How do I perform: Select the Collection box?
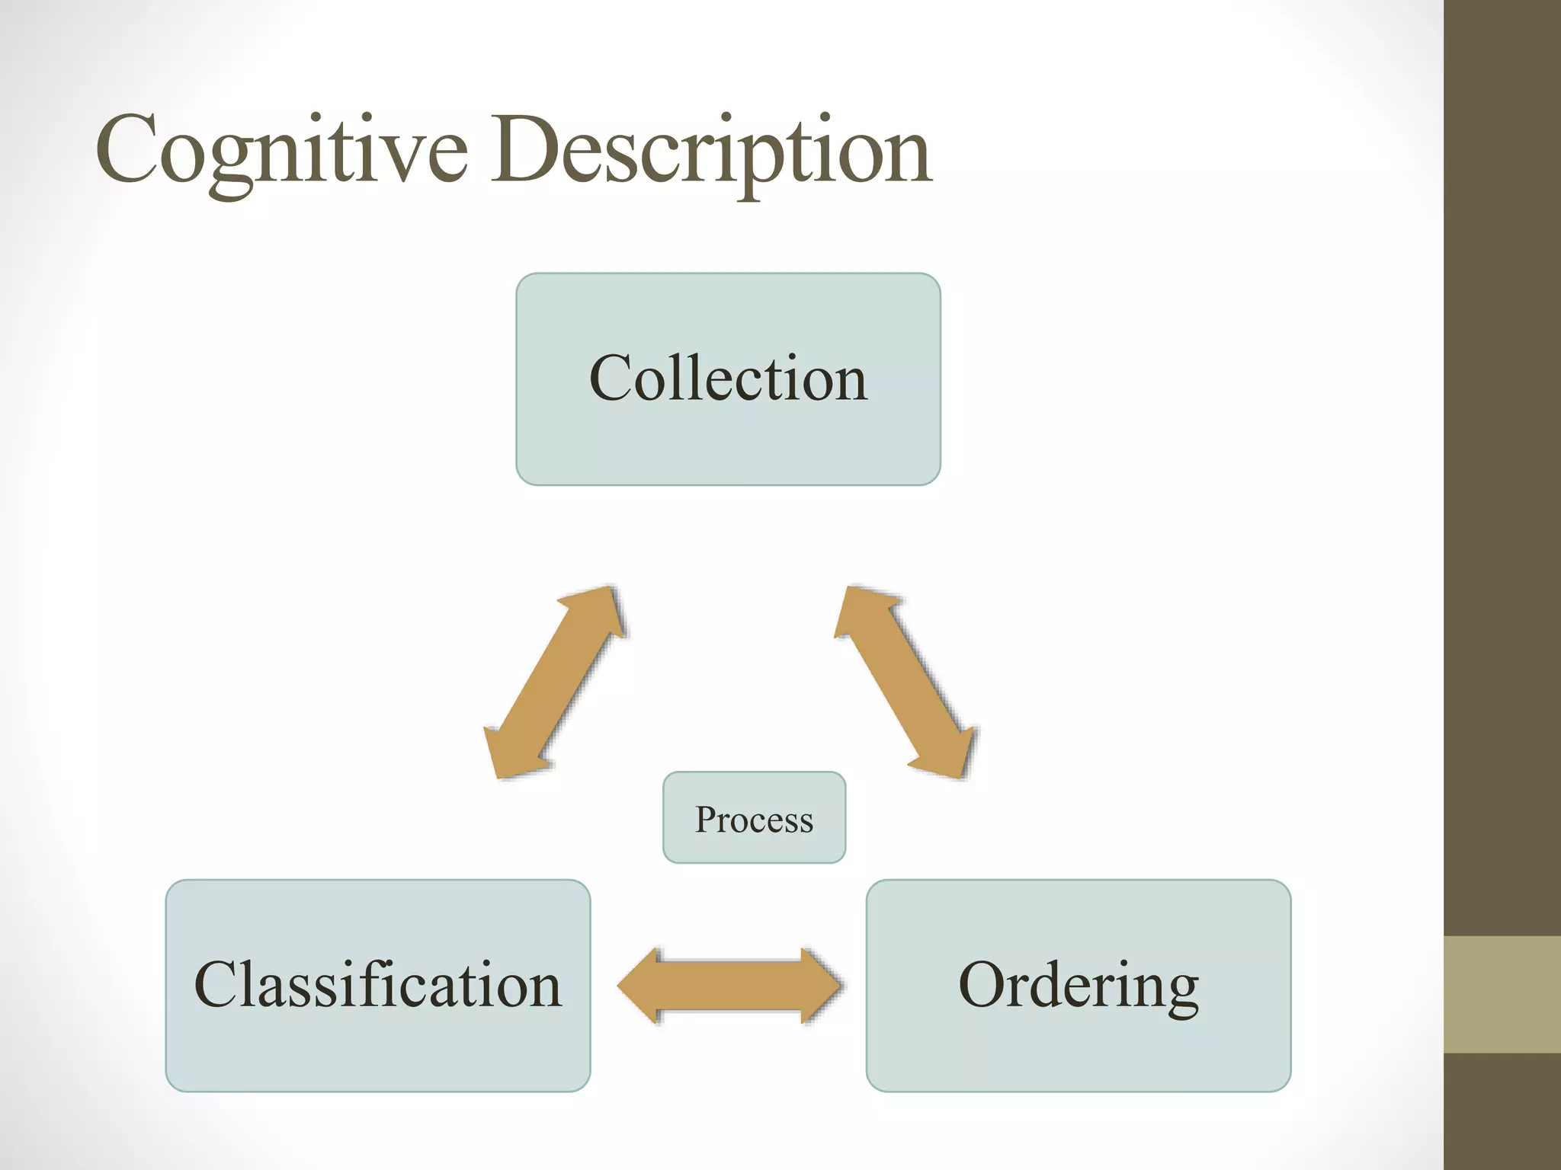728,379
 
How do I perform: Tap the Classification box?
377,985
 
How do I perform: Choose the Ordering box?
1078,985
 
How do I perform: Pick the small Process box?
754,817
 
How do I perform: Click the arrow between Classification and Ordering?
729,986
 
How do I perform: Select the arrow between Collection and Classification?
555,682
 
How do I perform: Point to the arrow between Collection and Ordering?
905,682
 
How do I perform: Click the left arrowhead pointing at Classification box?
637,986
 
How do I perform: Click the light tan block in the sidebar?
1502,994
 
